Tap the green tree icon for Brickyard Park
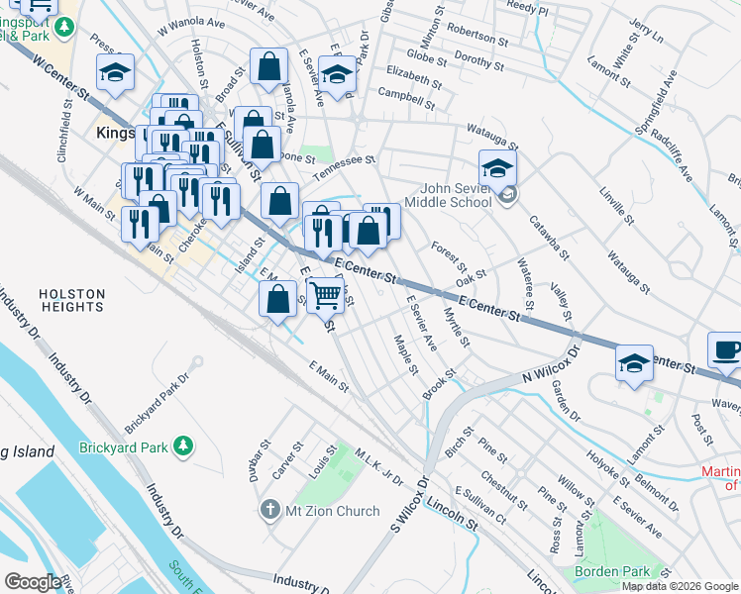[182, 447]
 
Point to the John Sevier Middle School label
[456, 195]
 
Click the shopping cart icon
[325, 294]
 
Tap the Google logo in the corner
[34, 582]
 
